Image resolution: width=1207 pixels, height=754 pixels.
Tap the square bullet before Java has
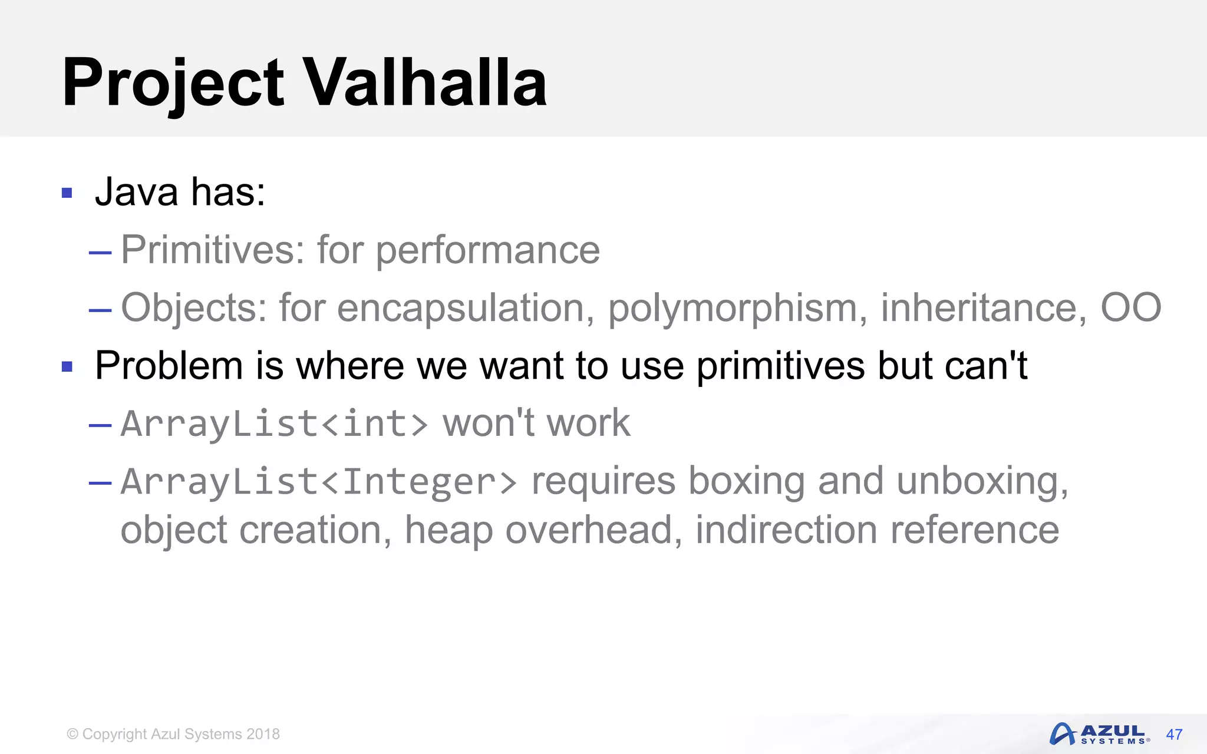coord(67,193)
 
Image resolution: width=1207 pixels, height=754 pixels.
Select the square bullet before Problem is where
coord(67,366)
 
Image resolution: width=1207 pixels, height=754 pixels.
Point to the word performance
coord(487,251)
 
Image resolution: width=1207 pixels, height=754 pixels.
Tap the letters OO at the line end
coord(1130,307)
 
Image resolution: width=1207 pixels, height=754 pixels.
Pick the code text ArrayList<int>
coord(274,424)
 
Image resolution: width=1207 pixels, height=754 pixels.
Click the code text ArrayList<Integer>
coord(319,482)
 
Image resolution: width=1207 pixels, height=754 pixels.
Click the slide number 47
coord(1173,735)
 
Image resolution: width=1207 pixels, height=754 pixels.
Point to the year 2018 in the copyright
coord(263,734)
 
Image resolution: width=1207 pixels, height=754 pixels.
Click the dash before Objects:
coord(100,310)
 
